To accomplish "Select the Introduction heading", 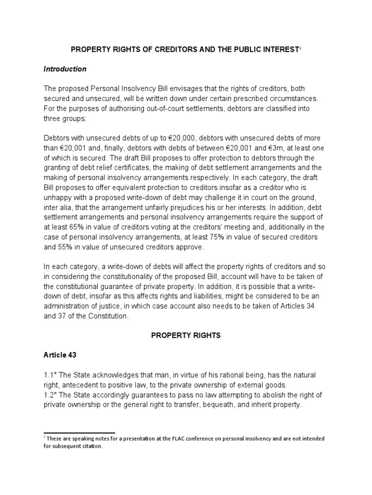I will click(65, 69).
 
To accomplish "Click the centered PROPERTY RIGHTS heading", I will click(186, 335).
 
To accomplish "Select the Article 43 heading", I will click(60, 355).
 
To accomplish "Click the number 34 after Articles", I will click(306, 306).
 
